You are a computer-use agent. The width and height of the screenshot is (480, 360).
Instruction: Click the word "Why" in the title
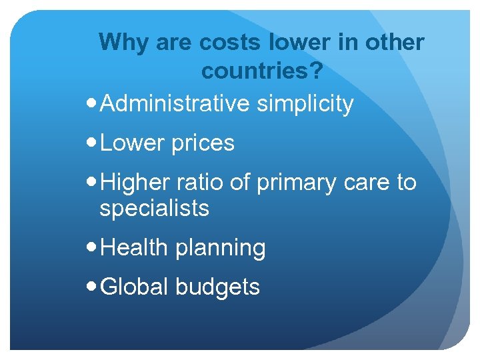click(x=125, y=43)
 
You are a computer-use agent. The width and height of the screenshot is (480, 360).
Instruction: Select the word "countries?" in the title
click(x=262, y=69)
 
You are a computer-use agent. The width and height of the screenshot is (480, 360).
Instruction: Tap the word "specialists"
click(x=154, y=209)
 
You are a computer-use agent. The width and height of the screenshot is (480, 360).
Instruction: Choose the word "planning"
click(x=221, y=249)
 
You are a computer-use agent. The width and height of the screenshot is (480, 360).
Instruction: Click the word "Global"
click(x=137, y=287)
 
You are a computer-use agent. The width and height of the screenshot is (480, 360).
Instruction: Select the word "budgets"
click(x=218, y=287)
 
